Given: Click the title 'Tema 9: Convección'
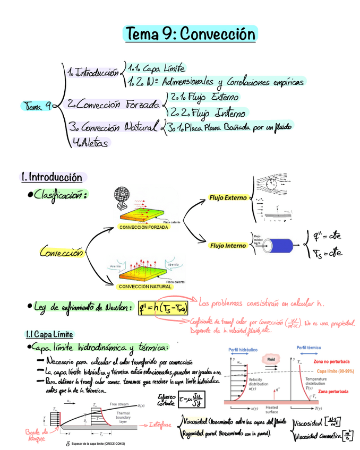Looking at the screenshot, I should (190, 34).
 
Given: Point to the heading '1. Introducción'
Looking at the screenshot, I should (52, 177).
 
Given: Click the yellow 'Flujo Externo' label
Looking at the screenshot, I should (228, 198).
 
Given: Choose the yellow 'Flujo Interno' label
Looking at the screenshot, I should (228, 246).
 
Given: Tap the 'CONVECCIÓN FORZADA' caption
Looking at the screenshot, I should (144, 227).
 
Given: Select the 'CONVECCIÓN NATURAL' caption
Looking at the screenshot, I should (145, 287).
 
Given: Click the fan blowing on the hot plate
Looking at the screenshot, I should (122, 201).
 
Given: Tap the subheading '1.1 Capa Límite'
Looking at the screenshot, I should (49, 334).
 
